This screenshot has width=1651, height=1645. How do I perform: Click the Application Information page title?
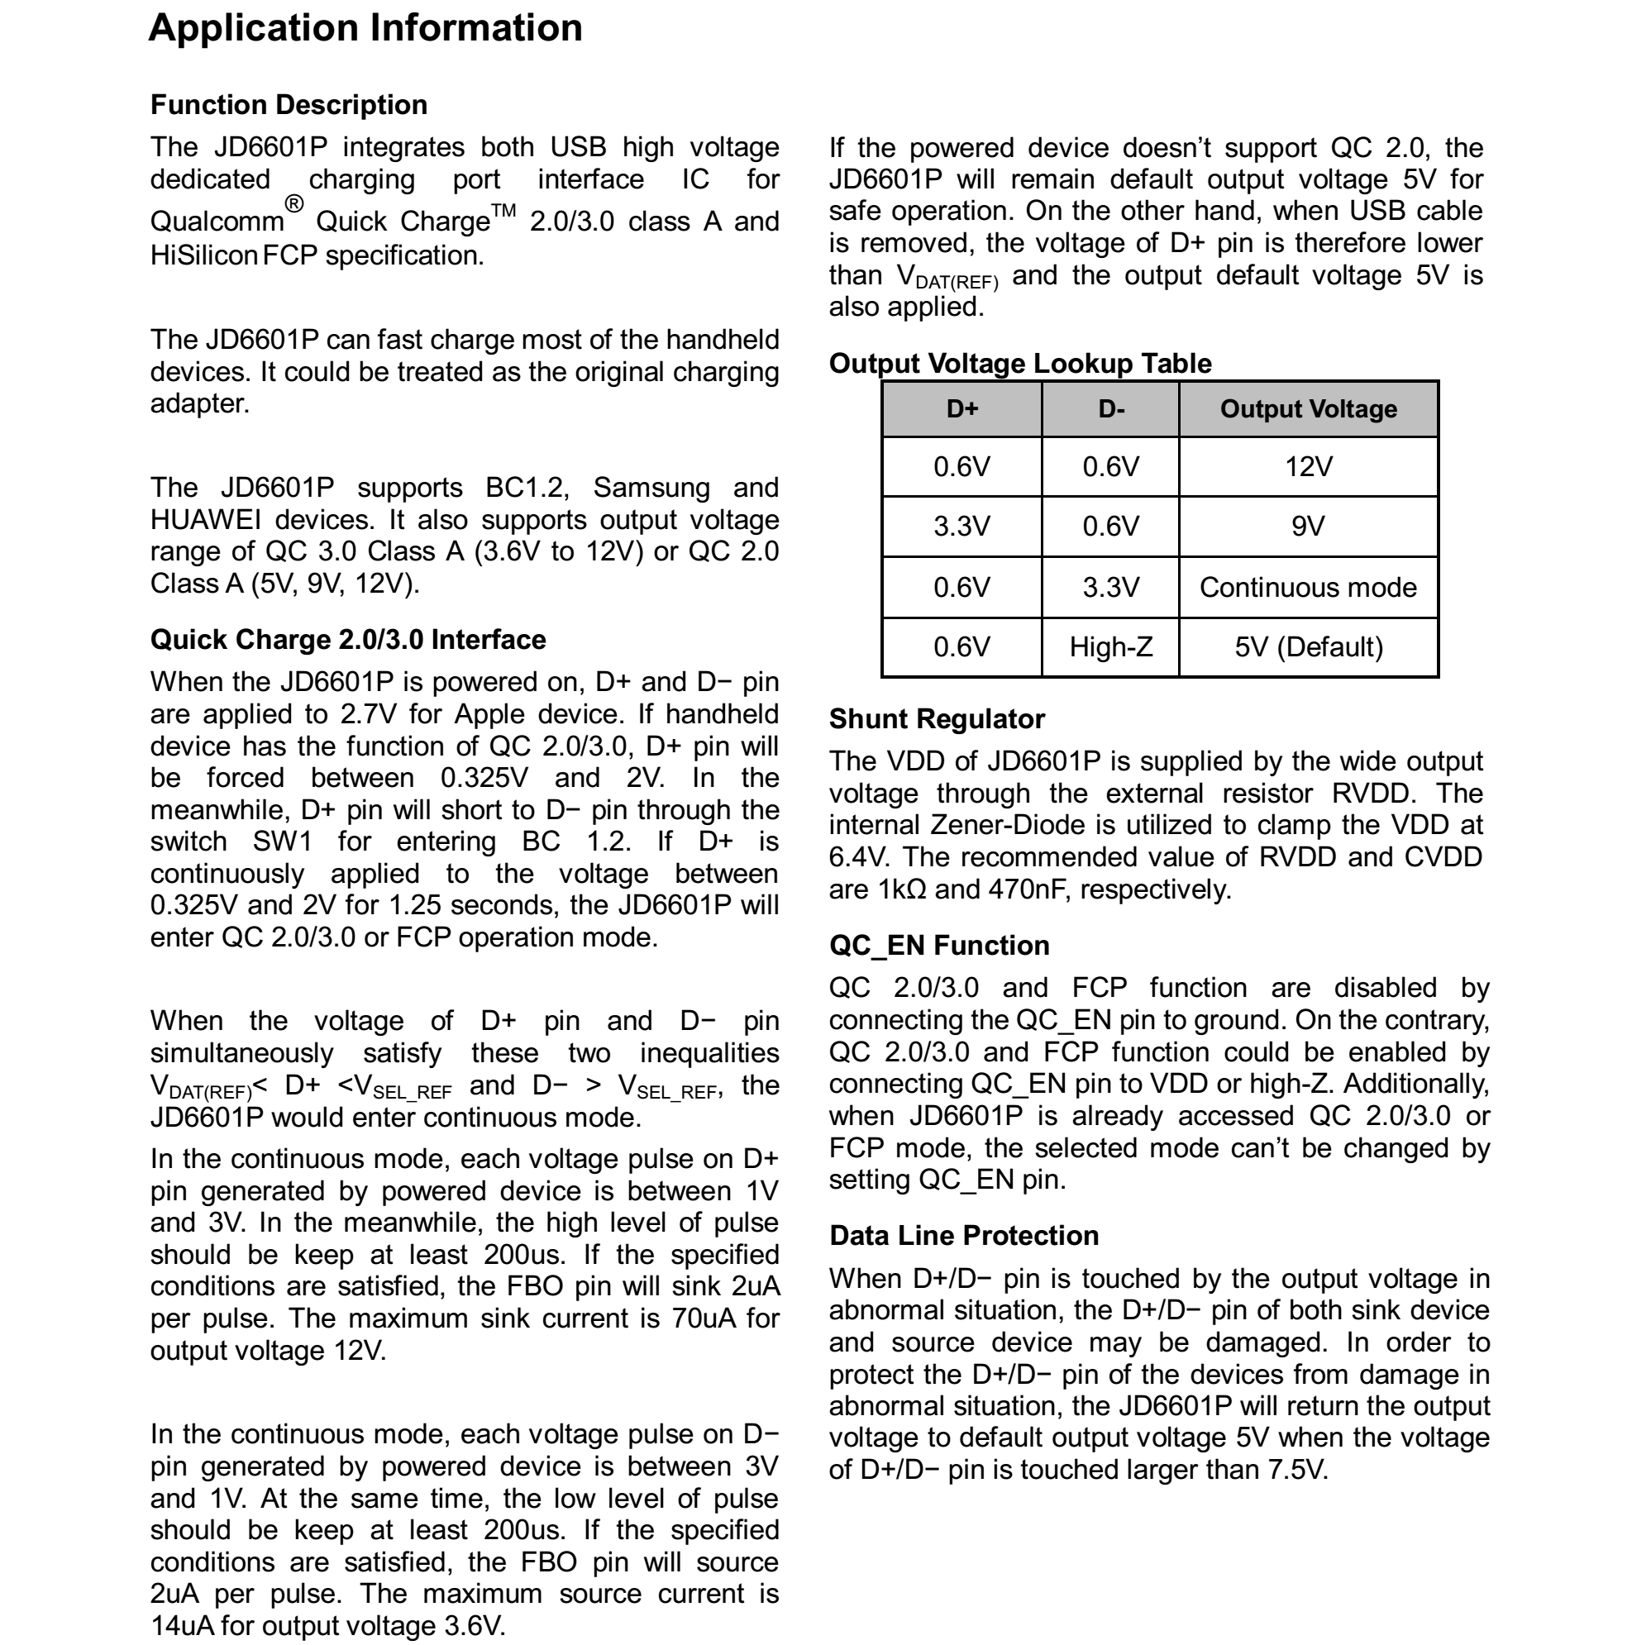365,28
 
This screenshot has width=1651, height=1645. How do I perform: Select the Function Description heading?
289,105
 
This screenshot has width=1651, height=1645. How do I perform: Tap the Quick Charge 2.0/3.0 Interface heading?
348,640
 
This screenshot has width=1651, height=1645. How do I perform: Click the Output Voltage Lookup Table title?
1019,364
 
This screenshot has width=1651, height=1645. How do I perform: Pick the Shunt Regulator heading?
937,719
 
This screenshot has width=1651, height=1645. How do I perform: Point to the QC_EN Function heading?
939,946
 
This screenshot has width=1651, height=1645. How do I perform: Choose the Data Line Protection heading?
964,1236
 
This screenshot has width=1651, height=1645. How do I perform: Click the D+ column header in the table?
961,409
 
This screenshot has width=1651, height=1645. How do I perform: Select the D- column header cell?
1111,409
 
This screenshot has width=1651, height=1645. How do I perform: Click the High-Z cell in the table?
1111,648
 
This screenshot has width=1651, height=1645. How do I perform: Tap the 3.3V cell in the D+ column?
961,527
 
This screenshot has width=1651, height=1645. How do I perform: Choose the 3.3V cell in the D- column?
1111,588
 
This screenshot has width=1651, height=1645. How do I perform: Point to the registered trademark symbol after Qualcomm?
294,204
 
